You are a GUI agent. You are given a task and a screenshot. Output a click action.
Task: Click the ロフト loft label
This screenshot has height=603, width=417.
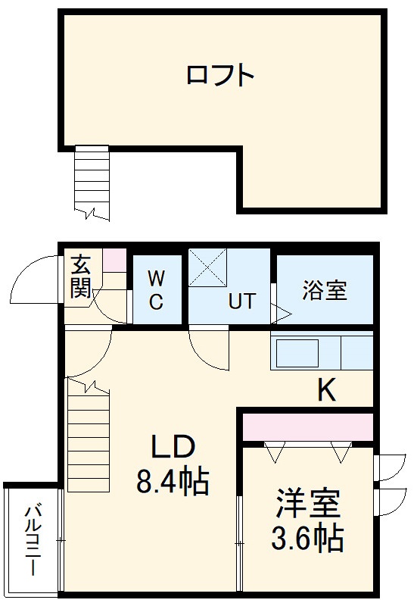pos(219,76)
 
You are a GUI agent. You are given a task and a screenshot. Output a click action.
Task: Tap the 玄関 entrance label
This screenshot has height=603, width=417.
pos(81,277)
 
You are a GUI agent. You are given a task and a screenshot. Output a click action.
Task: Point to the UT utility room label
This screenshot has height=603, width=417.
pos(241,301)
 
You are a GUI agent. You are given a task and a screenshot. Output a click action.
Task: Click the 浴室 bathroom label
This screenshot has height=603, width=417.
pos(325,290)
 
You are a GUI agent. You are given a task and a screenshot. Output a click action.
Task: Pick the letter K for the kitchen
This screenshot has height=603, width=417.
pos(326,389)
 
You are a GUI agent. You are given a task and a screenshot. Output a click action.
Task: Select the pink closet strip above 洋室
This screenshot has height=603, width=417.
pos(307,427)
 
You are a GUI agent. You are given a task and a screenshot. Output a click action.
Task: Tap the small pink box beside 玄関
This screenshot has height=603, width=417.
pos(114,261)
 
